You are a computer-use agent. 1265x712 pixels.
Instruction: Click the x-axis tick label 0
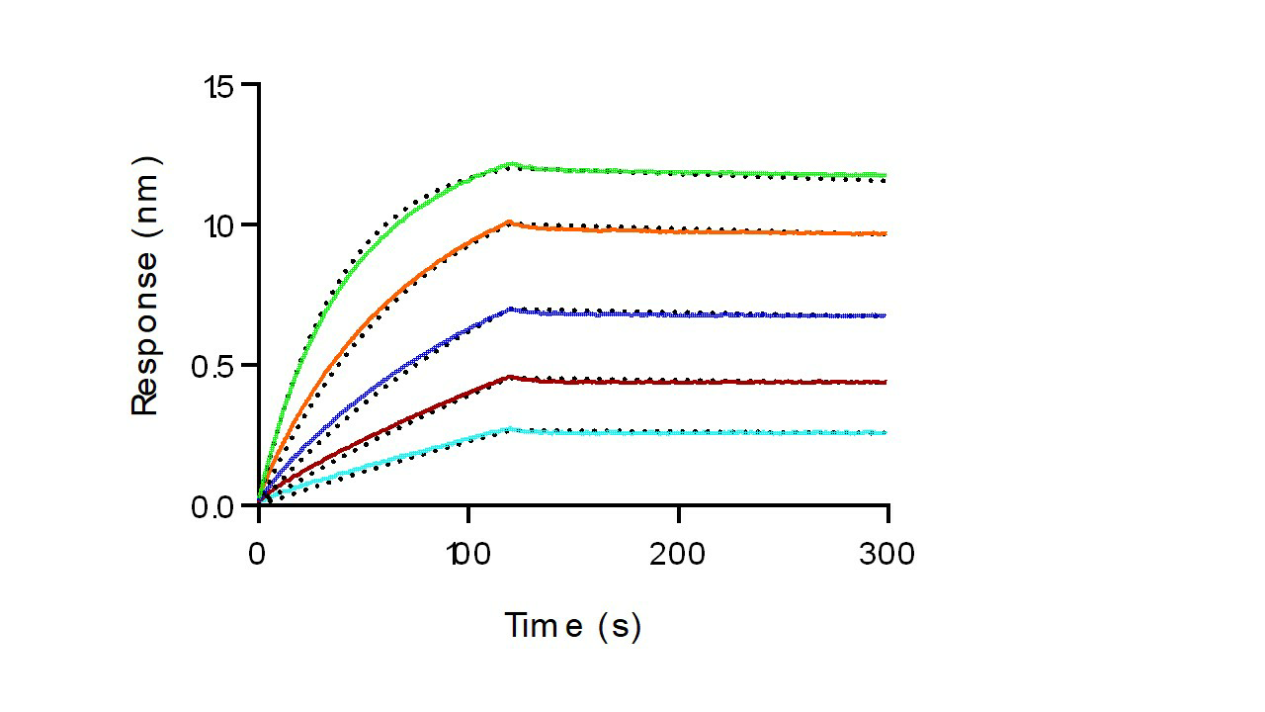[x=258, y=555]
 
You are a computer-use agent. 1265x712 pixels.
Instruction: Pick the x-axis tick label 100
[x=467, y=555]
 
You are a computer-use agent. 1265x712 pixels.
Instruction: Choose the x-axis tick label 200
[x=678, y=555]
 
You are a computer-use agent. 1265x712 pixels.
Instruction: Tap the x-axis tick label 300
[x=887, y=555]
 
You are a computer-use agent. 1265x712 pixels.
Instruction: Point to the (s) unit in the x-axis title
[x=620, y=626]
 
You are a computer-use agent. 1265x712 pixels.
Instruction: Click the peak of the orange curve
[x=509, y=222]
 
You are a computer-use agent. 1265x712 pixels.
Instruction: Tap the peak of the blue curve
[x=510, y=309]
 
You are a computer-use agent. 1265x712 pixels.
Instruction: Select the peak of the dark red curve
[x=510, y=376]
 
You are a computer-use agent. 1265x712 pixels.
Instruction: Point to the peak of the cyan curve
[x=510, y=428]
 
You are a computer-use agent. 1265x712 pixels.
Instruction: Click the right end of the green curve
[x=885, y=175]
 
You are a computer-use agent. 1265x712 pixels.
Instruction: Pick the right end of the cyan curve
[x=885, y=433]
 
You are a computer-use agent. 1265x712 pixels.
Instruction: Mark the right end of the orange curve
[x=885, y=233]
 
